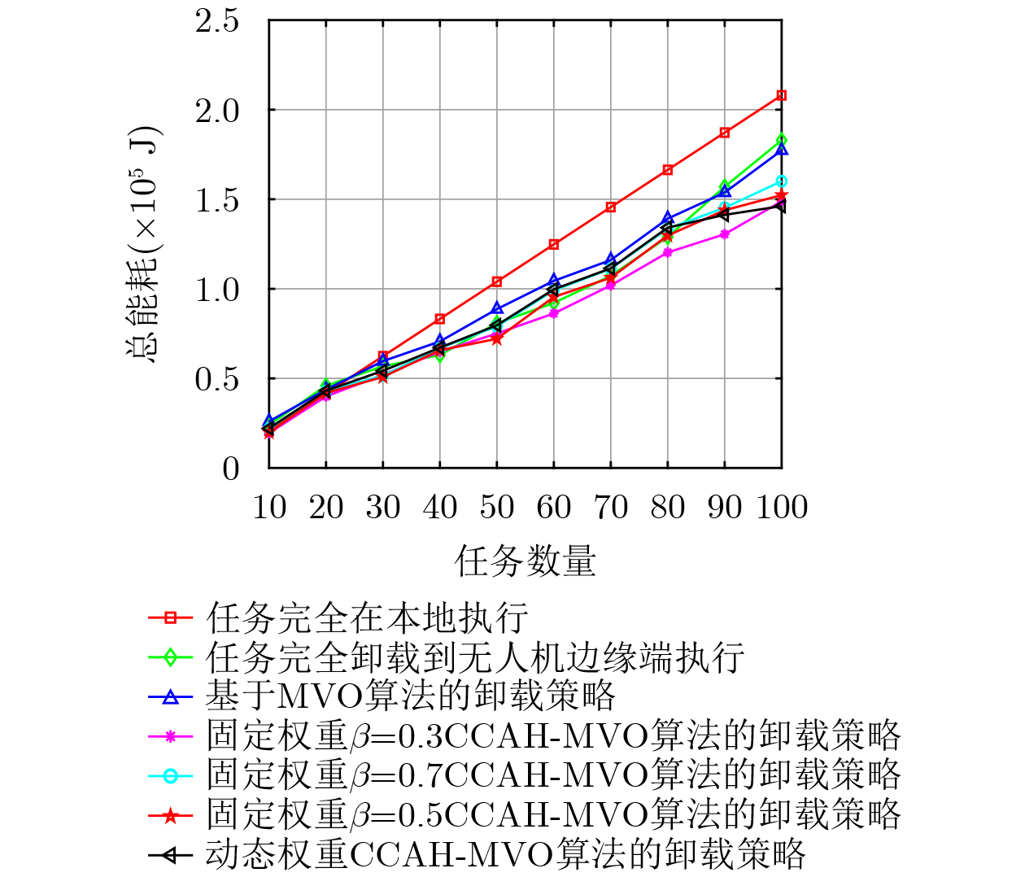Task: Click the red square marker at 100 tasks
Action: [x=781, y=95]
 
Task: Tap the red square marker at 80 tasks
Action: [x=667, y=170]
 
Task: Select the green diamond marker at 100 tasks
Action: [x=781, y=140]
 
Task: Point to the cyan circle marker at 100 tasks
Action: [x=781, y=181]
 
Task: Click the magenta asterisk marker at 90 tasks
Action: [x=724, y=234]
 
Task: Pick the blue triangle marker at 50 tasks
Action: [x=496, y=308]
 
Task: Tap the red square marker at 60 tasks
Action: [x=553, y=244]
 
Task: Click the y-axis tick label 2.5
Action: [x=217, y=20]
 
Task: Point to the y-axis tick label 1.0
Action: [x=217, y=289]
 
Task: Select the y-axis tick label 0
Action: [x=231, y=469]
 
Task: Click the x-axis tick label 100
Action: [x=782, y=508]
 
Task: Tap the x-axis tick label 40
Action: [x=439, y=508]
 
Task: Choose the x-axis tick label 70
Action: [x=610, y=508]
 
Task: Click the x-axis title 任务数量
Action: [x=526, y=561]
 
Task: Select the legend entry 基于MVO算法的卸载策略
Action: [x=410, y=696]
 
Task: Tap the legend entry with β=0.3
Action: [x=553, y=735]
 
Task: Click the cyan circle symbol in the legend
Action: [x=170, y=775]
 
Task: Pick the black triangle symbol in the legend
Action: [x=170, y=854]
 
